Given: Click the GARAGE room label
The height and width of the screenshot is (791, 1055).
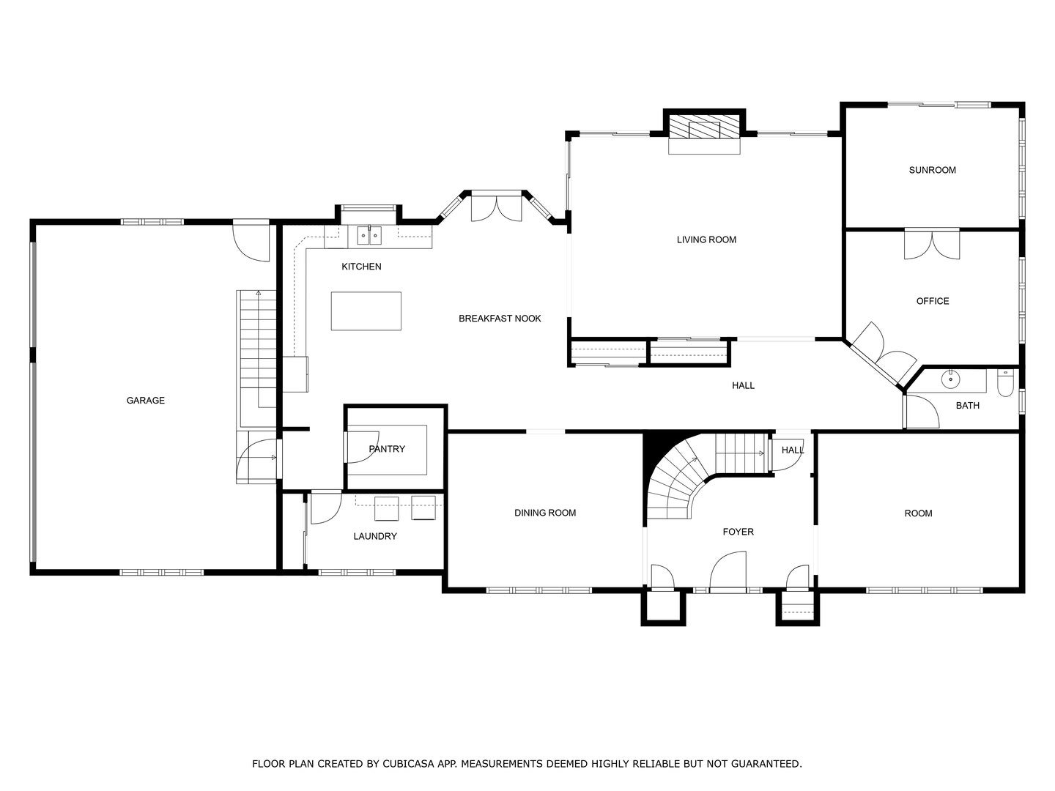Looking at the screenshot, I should [x=145, y=401].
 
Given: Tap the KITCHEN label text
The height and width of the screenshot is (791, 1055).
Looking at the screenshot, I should [x=361, y=267].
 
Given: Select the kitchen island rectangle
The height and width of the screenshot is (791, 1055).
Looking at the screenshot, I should [x=366, y=311].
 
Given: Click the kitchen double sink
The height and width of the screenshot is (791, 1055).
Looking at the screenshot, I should [x=369, y=235].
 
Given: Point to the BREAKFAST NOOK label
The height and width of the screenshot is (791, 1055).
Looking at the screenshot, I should [x=500, y=319].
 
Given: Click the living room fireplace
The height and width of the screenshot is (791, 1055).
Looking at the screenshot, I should [x=704, y=128].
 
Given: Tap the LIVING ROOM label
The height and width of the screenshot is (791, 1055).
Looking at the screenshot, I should [x=706, y=239].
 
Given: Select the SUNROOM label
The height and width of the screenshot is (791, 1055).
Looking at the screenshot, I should [x=932, y=170].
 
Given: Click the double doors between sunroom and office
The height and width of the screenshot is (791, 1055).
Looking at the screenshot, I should [x=932, y=244].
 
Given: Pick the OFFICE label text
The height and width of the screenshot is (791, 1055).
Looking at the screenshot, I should [x=932, y=301].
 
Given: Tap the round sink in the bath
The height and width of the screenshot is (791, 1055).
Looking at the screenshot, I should [x=950, y=380].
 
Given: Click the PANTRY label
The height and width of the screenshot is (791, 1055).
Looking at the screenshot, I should [x=387, y=449].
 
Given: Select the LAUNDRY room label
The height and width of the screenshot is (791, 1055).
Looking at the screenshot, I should [x=375, y=536].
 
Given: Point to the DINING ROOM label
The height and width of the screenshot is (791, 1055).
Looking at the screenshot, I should [x=545, y=513].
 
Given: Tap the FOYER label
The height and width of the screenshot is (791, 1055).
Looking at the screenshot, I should [x=738, y=532].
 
